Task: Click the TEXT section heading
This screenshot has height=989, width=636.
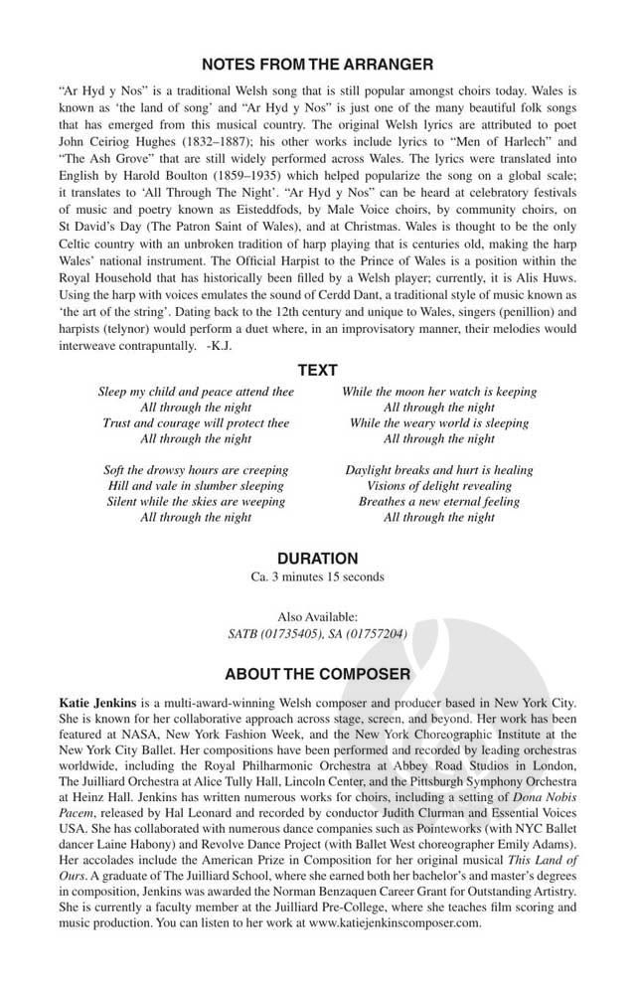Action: (x=317, y=371)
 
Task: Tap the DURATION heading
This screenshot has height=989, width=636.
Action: (x=317, y=559)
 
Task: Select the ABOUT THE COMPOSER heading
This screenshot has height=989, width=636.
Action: (x=317, y=674)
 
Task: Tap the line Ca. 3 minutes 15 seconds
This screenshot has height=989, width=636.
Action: (x=317, y=577)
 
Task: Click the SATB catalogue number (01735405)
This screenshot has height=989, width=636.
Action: (x=287, y=633)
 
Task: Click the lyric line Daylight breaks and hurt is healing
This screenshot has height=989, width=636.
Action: (x=438, y=470)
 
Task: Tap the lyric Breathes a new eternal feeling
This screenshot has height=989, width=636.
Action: (x=438, y=502)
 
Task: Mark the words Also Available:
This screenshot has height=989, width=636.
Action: (x=317, y=617)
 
